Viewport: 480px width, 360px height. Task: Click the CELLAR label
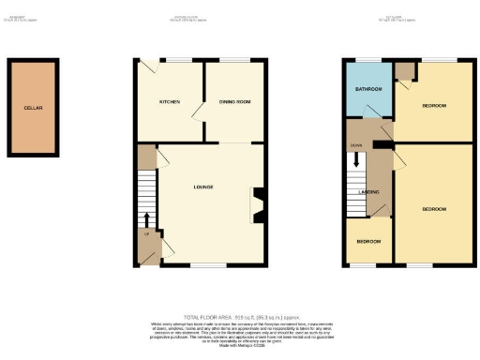(x=34, y=108)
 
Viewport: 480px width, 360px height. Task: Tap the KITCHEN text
(x=170, y=100)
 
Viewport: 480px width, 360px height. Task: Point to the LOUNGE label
(x=203, y=187)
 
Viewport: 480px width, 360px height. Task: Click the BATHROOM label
(x=367, y=89)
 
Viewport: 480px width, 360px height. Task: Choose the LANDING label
(x=368, y=192)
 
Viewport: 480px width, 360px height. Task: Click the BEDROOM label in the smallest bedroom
(x=368, y=241)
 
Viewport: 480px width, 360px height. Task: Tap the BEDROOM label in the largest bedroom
(x=434, y=207)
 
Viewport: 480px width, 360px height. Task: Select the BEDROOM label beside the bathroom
(x=434, y=106)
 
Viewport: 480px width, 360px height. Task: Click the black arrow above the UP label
(x=146, y=221)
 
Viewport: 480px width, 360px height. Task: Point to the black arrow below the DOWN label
(x=356, y=160)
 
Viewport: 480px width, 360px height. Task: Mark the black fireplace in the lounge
(x=258, y=204)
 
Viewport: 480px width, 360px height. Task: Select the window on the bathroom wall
(x=367, y=62)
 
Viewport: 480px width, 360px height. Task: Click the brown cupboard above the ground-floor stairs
(x=146, y=156)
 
